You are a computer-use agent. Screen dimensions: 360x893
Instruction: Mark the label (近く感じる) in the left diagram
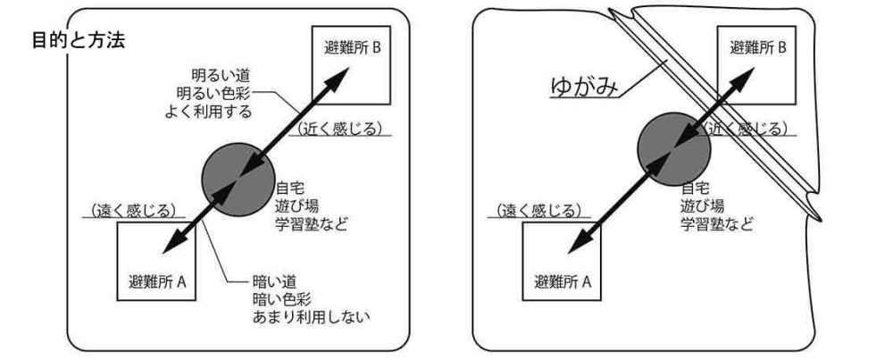[x=338, y=128]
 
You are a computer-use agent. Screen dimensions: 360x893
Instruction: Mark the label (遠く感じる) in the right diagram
[x=537, y=211]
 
